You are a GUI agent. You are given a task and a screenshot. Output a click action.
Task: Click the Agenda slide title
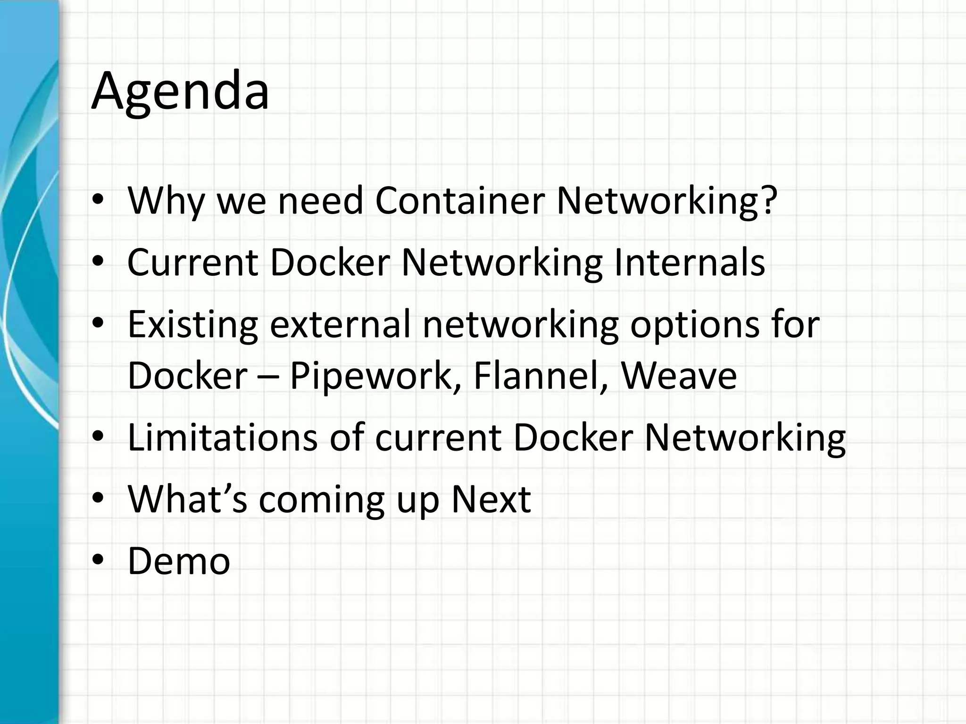click(x=180, y=90)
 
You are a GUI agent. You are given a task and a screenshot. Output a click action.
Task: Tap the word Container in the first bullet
click(x=459, y=201)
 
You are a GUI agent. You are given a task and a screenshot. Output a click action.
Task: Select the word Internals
click(x=689, y=262)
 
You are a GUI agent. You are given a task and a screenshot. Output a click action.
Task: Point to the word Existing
click(x=192, y=325)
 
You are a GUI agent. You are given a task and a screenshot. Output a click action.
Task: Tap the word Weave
click(x=679, y=376)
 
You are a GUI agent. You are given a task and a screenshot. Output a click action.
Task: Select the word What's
click(x=187, y=499)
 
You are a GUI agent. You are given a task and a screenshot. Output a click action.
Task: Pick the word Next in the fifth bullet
click(x=491, y=499)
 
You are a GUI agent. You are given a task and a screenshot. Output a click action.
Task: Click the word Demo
click(x=179, y=561)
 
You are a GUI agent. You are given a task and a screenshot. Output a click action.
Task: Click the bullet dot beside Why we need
click(x=98, y=200)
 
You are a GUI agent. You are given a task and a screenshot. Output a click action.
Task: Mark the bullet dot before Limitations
click(x=98, y=437)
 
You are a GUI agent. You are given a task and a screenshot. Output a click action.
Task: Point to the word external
click(x=340, y=324)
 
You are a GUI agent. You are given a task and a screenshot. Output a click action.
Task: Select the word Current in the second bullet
click(x=192, y=262)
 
